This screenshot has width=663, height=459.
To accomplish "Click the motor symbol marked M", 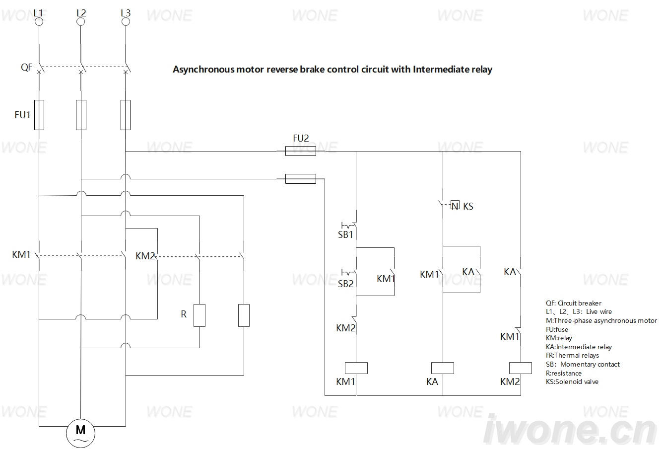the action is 80,433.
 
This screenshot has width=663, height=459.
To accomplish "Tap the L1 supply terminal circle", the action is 39,22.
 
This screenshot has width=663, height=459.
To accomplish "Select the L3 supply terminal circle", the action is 126,22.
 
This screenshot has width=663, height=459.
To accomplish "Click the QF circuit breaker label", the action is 26,67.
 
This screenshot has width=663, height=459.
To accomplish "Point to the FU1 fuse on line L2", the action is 81,115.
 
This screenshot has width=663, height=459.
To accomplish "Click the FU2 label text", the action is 301,138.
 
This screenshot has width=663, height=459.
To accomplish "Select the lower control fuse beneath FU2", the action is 301,179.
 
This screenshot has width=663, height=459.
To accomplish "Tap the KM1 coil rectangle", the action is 356,368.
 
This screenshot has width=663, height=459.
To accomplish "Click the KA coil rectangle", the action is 443,368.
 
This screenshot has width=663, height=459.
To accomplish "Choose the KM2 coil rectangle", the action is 521,368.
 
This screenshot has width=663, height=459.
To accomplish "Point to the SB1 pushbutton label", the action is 345,234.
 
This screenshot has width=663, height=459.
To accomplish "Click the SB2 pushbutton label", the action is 345,284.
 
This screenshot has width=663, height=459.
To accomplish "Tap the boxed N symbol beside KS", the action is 455,205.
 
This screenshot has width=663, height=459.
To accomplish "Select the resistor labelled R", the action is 199,315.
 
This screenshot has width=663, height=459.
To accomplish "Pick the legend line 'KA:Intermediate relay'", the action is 579,347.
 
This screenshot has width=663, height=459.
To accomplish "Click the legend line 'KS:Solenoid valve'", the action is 572,382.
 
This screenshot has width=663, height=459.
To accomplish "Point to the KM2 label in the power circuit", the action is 145,256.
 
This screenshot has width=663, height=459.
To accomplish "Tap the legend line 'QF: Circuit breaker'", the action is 574,303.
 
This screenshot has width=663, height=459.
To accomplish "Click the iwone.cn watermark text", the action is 570,430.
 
